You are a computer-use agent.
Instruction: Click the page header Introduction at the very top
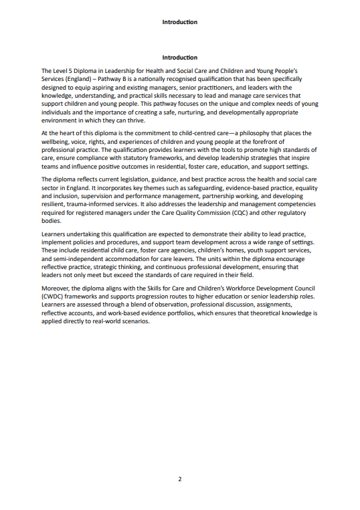tap(179, 22)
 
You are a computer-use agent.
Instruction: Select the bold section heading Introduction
tap(179, 58)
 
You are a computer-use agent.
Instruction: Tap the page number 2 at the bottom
tap(179, 479)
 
